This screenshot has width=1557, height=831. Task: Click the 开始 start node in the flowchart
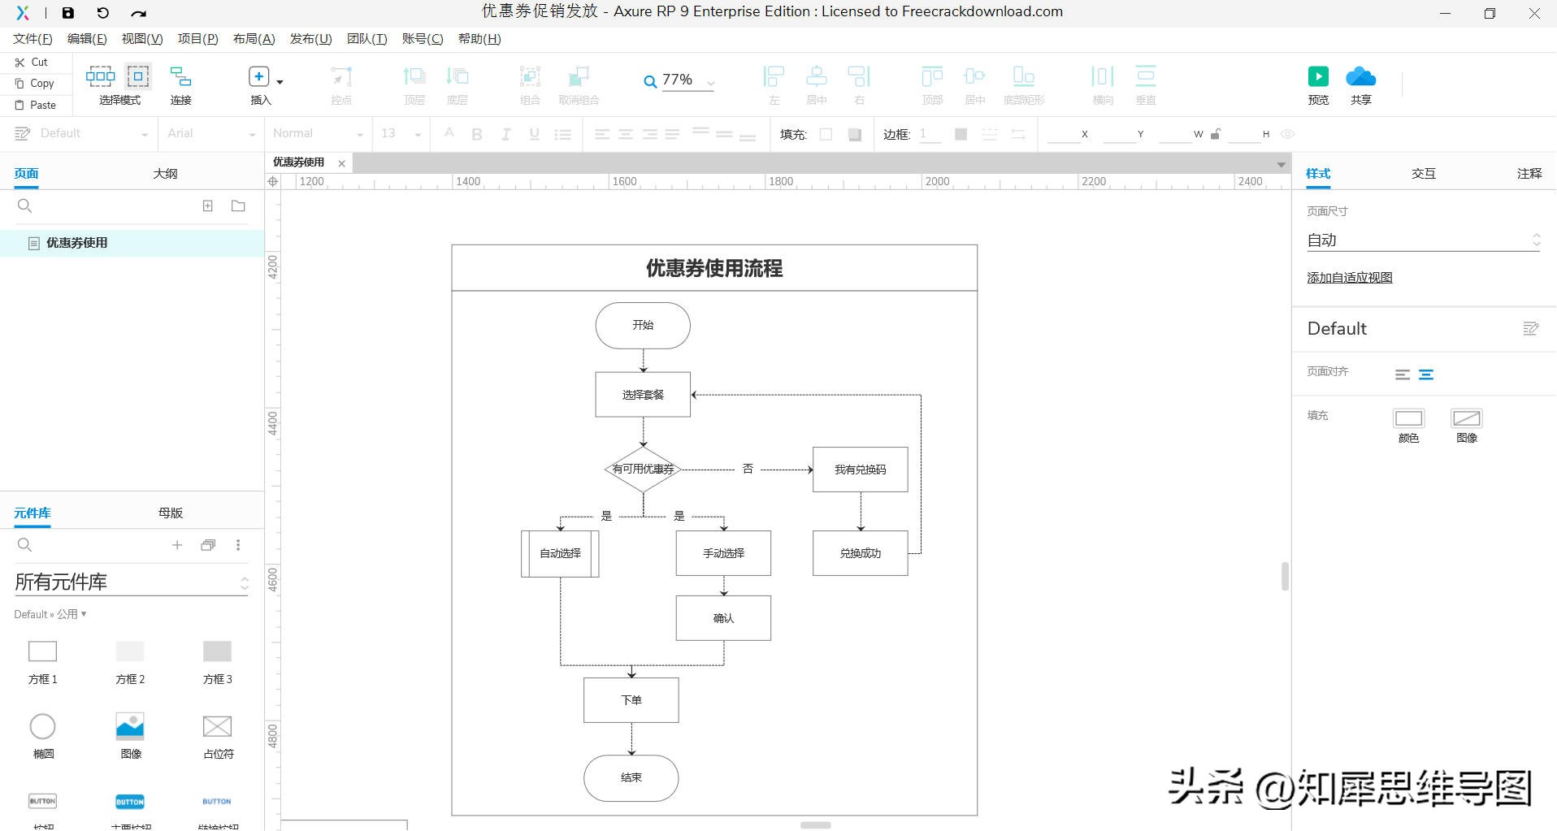pos(643,326)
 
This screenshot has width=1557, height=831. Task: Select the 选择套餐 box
pos(643,395)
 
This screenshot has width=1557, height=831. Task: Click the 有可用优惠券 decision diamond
pos(643,469)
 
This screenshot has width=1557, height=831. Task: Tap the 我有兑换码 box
pos(860,470)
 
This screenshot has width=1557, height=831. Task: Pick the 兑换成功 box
pos(860,553)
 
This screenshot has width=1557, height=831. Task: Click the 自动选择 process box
pos(560,553)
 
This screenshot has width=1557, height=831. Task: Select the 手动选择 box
pos(723,553)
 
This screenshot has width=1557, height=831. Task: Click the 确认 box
pos(723,618)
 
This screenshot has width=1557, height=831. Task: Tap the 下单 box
pos(631,700)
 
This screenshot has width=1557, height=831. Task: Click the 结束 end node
pos(631,777)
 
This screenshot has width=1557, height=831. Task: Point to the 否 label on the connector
pos(748,469)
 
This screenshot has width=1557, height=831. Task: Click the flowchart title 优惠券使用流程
pos(714,268)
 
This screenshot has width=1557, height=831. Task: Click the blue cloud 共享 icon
pos(1360,78)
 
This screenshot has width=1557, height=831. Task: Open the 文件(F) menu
pos(33,39)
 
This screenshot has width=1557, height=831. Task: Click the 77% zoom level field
pos(678,80)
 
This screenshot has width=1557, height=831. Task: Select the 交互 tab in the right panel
pos(1423,173)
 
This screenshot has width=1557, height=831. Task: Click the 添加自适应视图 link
pos(1349,278)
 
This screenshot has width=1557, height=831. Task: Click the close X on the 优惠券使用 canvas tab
pos(342,163)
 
